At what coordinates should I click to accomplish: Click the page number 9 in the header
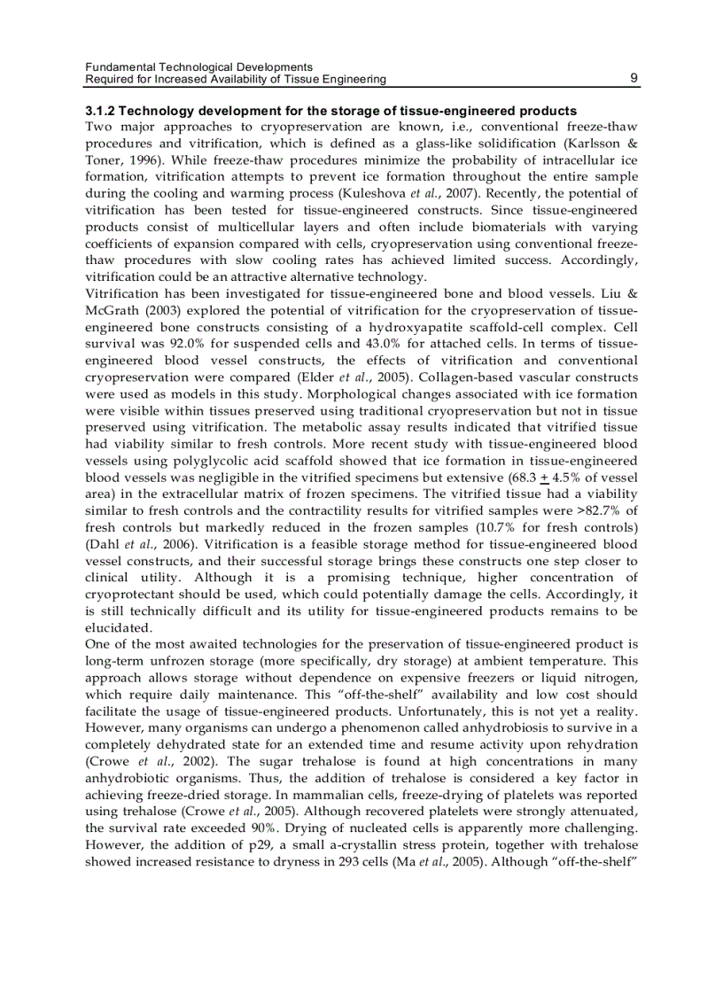point(634,79)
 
